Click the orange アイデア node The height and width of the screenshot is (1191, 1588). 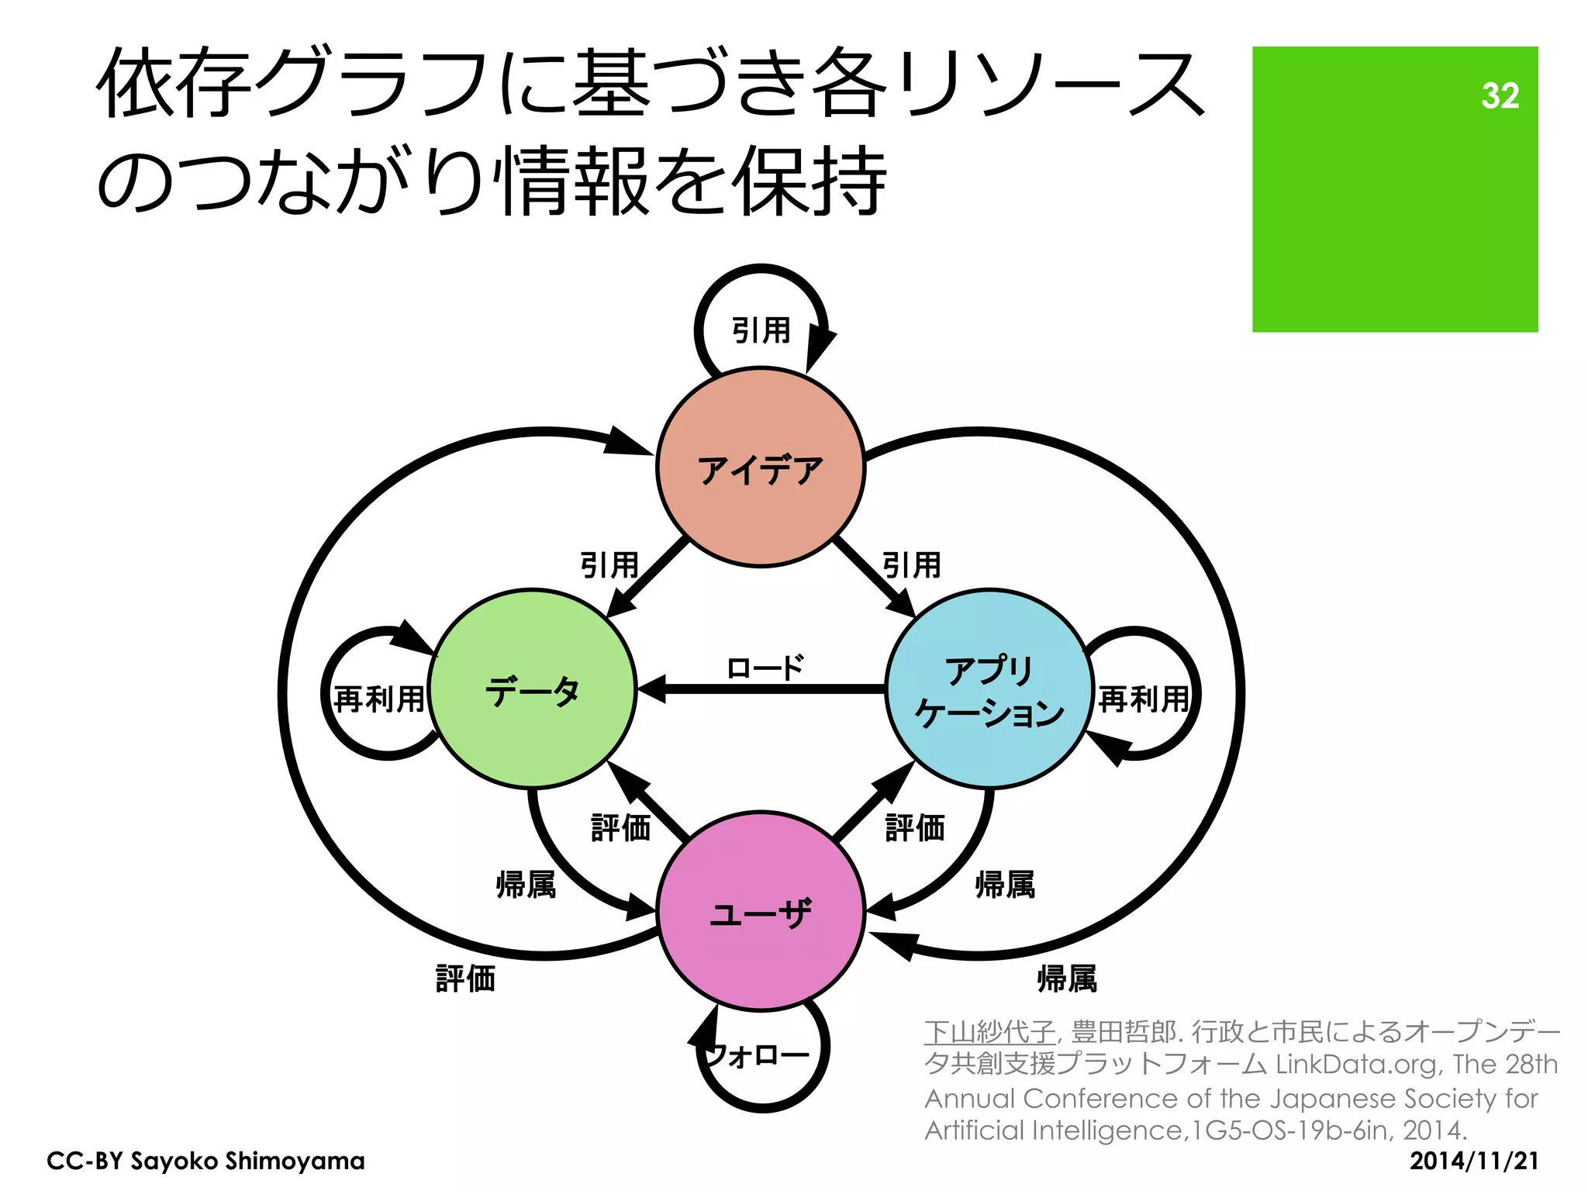[x=760, y=468]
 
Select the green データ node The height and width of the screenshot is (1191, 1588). [x=533, y=689]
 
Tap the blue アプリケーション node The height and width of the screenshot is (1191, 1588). [x=989, y=689]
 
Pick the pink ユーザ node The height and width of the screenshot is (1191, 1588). [x=760, y=912]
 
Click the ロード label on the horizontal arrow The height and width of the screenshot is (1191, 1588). [x=765, y=668]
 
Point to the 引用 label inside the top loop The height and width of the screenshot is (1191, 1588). [x=761, y=330]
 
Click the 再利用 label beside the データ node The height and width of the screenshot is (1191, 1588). [x=379, y=699]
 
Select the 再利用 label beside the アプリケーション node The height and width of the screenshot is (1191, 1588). [x=1144, y=699]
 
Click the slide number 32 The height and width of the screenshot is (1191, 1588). [x=1500, y=96]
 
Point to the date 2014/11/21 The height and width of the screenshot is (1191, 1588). [x=1473, y=1161]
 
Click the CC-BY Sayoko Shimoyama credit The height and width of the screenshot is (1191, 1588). [x=205, y=1161]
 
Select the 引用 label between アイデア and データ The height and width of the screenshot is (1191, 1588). [x=609, y=564]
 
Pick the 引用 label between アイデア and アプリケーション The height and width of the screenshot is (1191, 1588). [x=912, y=564]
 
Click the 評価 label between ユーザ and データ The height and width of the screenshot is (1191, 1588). [x=620, y=827]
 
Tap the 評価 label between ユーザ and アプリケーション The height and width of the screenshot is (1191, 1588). [x=915, y=827]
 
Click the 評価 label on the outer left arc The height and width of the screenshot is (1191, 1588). [x=465, y=979]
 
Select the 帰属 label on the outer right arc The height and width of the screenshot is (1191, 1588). [x=1067, y=979]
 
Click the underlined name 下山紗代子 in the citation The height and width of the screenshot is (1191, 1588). [x=989, y=1032]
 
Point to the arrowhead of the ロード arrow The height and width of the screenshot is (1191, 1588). [x=650, y=689]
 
